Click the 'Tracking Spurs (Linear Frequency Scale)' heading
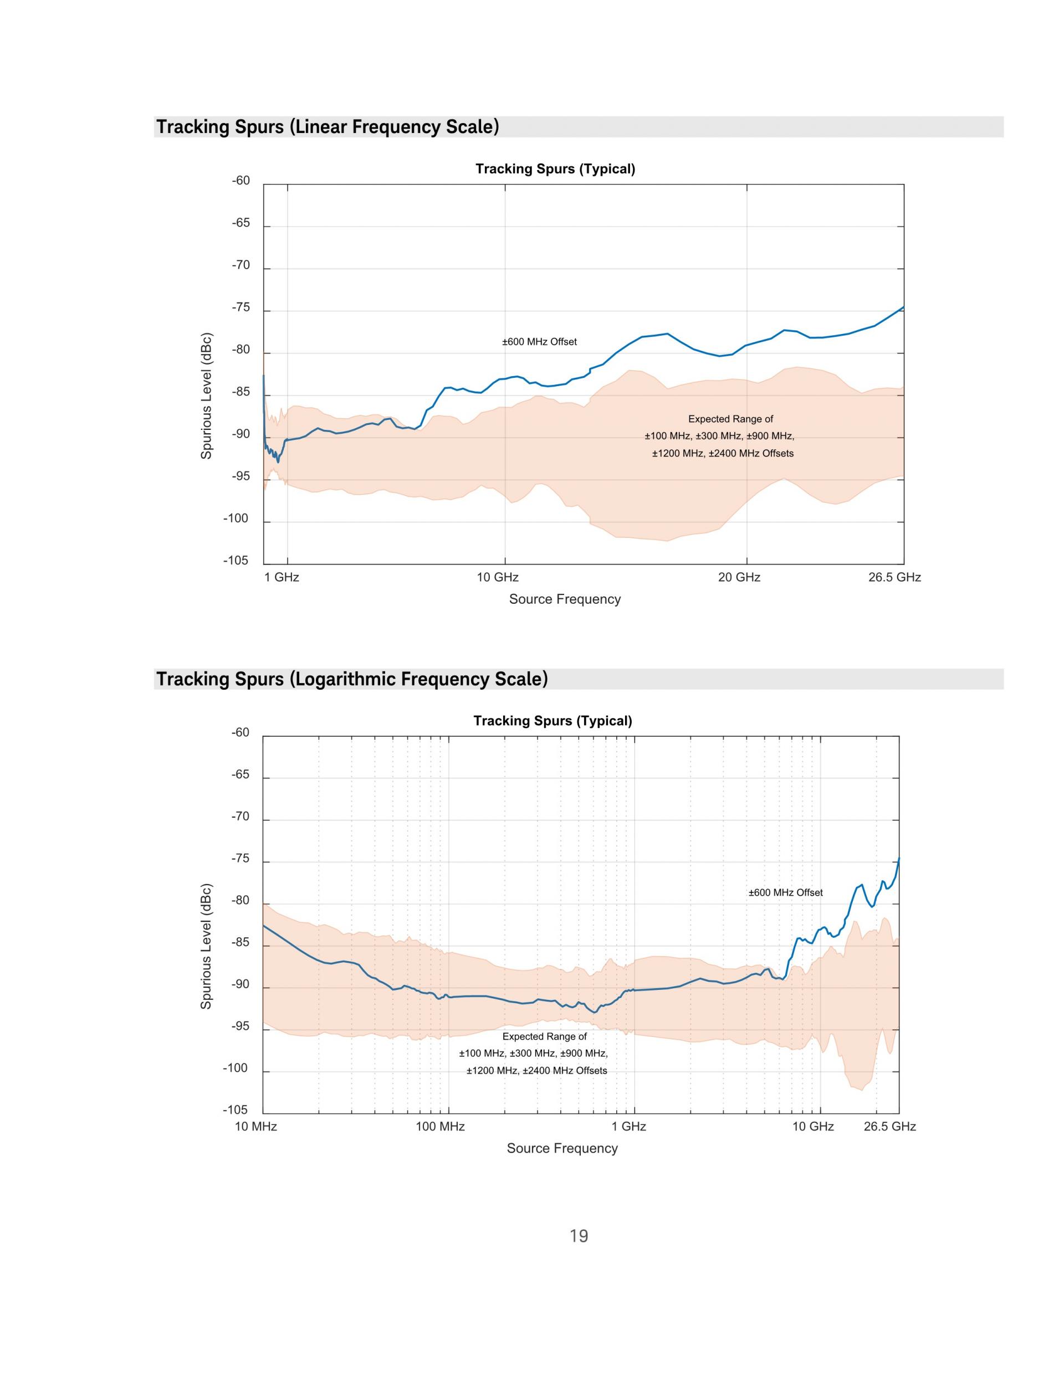328,127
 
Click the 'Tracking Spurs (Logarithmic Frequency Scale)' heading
352,679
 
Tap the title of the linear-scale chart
555,169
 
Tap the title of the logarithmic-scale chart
553,721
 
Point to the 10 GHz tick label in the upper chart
498,577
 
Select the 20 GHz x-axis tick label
739,577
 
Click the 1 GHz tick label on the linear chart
282,577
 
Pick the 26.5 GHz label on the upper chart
894,577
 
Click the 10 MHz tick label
256,1127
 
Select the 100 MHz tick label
440,1127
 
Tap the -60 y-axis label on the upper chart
241,181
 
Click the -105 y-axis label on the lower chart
236,1110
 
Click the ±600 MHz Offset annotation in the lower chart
785,893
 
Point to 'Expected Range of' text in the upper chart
730,419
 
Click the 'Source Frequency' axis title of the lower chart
562,1148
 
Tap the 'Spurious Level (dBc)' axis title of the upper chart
206,396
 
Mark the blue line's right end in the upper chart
903,307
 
